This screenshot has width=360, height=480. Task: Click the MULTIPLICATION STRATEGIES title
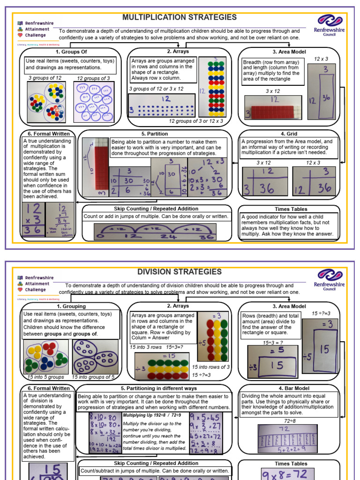point(180,18)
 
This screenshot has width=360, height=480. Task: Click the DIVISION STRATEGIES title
point(180,272)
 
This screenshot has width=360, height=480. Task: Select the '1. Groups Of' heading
point(71,52)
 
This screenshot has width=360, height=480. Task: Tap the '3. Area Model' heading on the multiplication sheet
point(288,52)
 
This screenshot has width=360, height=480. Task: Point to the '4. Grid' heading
point(289,134)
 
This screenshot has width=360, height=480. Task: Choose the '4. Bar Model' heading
point(288,388)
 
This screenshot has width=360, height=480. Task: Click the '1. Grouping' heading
point(71,306)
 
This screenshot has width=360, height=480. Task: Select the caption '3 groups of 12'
point(45,78)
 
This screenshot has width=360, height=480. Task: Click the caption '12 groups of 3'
point(93,78)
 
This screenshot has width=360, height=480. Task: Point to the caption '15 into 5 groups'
point(45,377)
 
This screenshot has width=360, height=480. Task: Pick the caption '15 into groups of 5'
point(93,377)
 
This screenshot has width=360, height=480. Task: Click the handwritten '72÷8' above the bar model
point(289,415)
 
